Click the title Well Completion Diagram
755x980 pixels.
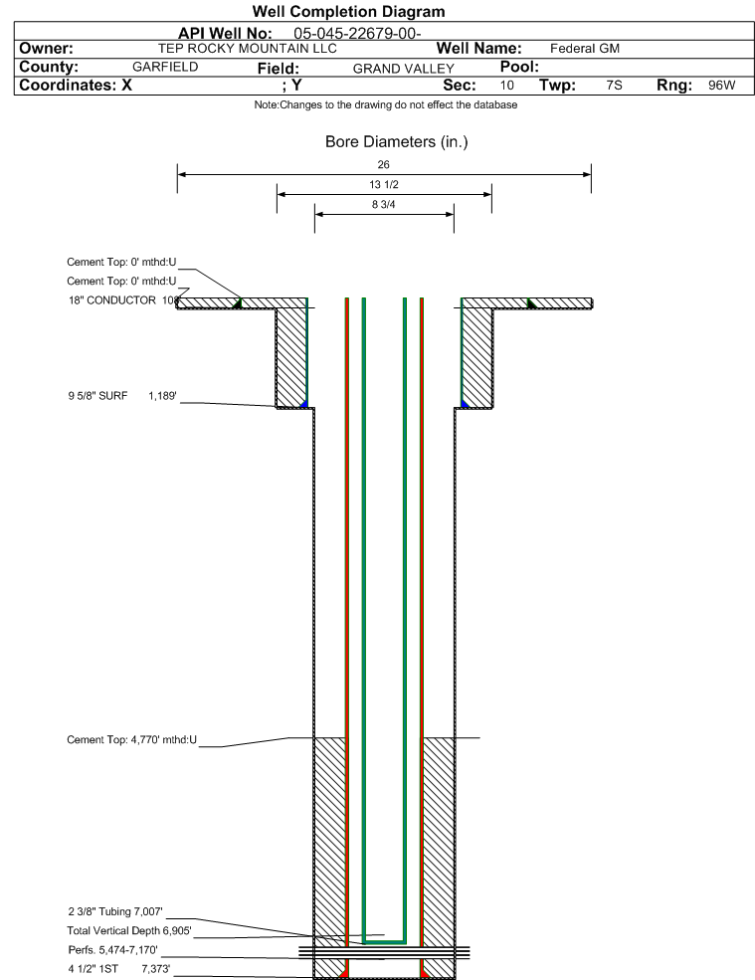pos(349,11)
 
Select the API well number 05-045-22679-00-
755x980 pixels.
pos(357,33)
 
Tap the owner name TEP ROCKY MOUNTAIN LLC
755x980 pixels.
pos(248,49)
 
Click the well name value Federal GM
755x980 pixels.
pos(585,48)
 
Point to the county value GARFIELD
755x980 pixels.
pos(165,67)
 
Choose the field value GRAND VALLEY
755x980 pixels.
pos(403,69)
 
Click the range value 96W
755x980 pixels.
pos(722,85)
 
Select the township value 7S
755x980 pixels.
pos(615,85)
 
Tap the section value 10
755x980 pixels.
pos(507,85)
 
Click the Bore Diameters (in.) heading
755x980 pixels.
pos(396,142)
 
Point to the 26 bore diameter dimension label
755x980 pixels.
pos(383,164)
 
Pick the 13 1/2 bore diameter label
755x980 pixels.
pos(384,184)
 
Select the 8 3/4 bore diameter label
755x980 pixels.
pos(384,204)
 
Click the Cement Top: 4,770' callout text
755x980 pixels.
pos(132,740)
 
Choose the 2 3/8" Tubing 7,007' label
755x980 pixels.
pos(115,912)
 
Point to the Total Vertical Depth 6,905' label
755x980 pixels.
pos(129,930)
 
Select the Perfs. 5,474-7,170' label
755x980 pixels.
pos(113,950)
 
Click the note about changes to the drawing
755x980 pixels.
pos(386,105)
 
